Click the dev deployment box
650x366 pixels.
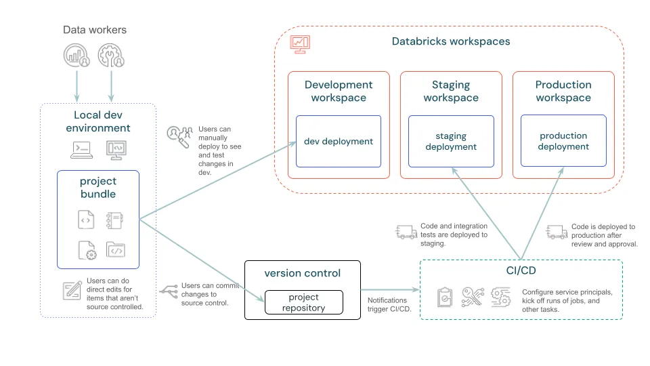338,141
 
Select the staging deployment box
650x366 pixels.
451,141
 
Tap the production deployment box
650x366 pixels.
563,141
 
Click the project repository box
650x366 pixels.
303,302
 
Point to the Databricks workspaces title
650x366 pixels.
451,41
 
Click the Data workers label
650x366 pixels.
95,30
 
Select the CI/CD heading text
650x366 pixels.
521,271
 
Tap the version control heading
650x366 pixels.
302,273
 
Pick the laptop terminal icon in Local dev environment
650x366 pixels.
82,149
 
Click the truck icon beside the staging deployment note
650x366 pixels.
405,233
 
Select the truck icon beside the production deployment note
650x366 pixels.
557,233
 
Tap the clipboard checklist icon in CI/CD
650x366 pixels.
445,297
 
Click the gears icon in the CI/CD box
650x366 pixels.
501,297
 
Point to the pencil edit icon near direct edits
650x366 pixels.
72,290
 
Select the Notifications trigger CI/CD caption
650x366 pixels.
388,305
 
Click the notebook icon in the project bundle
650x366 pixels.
114,220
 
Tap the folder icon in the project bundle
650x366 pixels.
115,250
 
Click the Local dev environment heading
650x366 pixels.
102,121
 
